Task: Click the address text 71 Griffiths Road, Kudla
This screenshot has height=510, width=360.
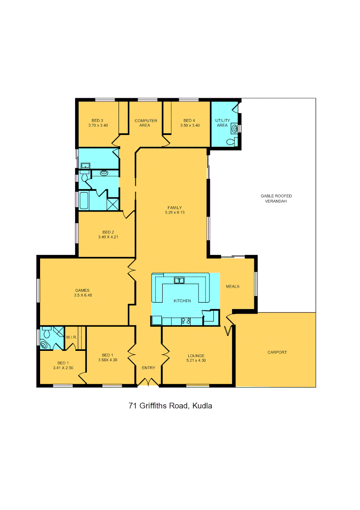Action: [170, 406]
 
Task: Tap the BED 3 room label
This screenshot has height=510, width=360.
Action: [98, 121]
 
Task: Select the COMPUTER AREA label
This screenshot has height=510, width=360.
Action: [146, 123]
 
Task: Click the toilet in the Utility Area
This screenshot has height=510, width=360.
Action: [231, 141]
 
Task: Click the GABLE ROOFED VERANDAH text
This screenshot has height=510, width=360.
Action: [274, 198]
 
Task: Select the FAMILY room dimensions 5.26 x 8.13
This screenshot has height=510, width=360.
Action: [174, 212]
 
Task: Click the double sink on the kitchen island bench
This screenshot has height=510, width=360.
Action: [179, 281]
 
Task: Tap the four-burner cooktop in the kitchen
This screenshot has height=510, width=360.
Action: [185, 322]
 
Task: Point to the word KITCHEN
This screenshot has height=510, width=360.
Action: [182, 301]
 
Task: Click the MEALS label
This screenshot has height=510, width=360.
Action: [233, 287]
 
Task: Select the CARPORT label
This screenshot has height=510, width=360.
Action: [277, 352]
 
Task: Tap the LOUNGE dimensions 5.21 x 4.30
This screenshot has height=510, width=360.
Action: [196, 360]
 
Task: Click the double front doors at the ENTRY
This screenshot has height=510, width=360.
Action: [149, 382]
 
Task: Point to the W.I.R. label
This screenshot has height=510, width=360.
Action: [72, 338]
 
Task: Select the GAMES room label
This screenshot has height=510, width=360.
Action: [82, 290]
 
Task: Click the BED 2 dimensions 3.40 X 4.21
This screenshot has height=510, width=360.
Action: [108, 237]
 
